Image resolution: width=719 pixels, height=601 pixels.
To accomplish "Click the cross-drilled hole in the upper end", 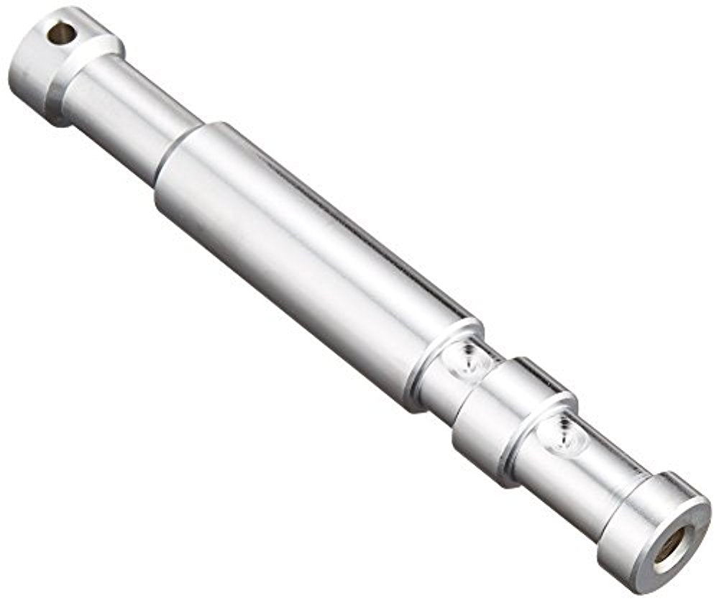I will pyautogui.click(x=61, y=32).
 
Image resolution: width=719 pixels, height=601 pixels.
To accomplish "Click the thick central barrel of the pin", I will pyautogui.click(x=302, y=266).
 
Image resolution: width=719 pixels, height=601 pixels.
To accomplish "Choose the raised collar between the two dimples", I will pyautogui.click(x=503, y=417).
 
